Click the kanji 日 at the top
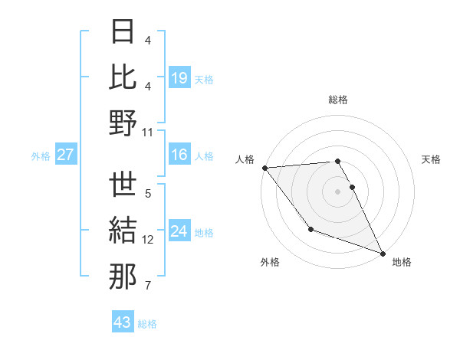coord(123,33)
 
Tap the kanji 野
coord(123,123)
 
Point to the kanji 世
coord(123,186)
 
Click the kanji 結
coord(123,231)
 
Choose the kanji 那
coord(123,277)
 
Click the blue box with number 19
coord(179,77)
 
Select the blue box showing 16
coord(179,155)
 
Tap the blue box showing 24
coord(179,231)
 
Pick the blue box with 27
coord(66,155)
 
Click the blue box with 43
coord(123,322)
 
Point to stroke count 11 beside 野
coord(148,132)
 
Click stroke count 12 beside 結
coord(148,240)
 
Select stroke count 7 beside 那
coord(148,286)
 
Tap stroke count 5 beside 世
coord(148,194)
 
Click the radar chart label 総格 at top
coord(338,100)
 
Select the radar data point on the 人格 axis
coord(264,168)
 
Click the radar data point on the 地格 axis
coord(383,253)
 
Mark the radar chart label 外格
coord(270,262)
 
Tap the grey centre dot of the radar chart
coord(338,191)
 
